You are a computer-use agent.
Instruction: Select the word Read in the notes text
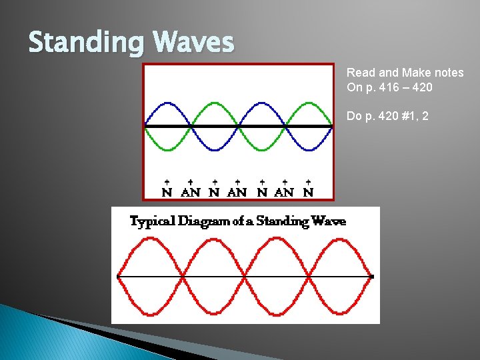360,73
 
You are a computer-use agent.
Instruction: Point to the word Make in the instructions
417,73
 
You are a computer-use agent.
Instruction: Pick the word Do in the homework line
353,116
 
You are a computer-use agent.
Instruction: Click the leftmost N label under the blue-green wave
167,193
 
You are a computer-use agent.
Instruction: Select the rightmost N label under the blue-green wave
308,193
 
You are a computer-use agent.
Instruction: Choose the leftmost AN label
191,193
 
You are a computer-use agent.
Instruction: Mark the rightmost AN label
285,193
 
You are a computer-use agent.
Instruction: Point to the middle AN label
237,193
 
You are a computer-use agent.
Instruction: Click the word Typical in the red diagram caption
151,221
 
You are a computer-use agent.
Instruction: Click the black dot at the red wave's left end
118,276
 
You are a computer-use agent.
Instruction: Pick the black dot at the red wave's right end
372,276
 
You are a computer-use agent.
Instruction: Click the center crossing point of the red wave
245,276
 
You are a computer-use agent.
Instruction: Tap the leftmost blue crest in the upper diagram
168,103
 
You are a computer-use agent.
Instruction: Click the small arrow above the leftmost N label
167,181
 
